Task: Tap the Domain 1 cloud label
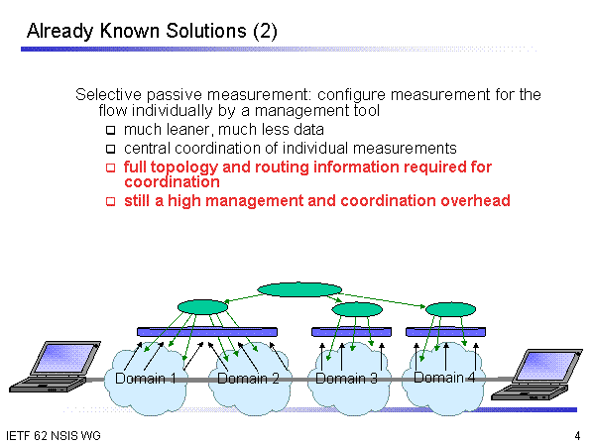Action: click(x=146, y=378)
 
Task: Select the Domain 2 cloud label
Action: click(x=248, y=378)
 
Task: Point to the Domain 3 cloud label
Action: click(x=346, y=378)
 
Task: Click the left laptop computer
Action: click(x=47, y=366)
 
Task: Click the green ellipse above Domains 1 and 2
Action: click(x=202, y=307)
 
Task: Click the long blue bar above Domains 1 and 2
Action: click(x=207, y=330)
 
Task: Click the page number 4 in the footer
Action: click(x=577, y=436)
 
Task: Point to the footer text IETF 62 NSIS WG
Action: click(x=53, y=436)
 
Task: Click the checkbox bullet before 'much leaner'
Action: click(x=111, y=130)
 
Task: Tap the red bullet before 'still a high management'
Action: click(x=111, y=201)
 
